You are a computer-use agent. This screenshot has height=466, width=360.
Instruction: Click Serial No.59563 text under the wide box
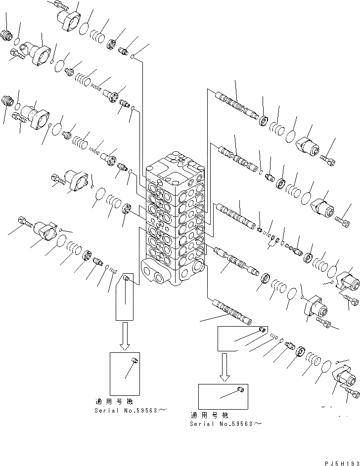coord(225,424)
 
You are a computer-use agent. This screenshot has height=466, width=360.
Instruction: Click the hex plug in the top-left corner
coord(8,36)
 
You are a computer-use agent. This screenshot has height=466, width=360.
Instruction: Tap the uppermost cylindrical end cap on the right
coord(307,146)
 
